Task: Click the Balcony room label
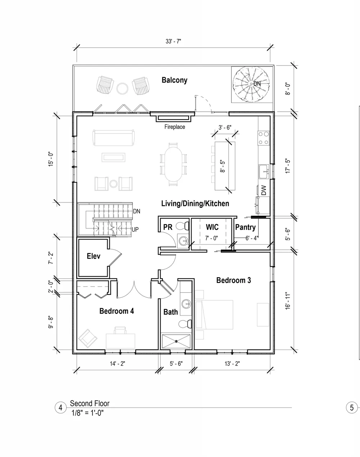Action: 175,80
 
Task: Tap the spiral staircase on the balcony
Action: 251,84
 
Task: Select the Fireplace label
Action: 175,127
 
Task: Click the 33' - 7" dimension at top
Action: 174,41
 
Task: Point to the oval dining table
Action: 174,164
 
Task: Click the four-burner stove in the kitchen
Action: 264,138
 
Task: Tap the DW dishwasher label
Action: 264,190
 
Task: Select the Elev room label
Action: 93,256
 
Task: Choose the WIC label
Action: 212,227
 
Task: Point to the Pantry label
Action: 246,228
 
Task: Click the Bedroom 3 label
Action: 234,280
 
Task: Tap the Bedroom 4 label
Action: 117,311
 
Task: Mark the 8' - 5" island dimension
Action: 222,166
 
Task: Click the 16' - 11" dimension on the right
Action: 288,300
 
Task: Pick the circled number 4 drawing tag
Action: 60,408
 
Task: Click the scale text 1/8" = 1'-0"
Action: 87,413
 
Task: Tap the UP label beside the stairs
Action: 135,229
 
